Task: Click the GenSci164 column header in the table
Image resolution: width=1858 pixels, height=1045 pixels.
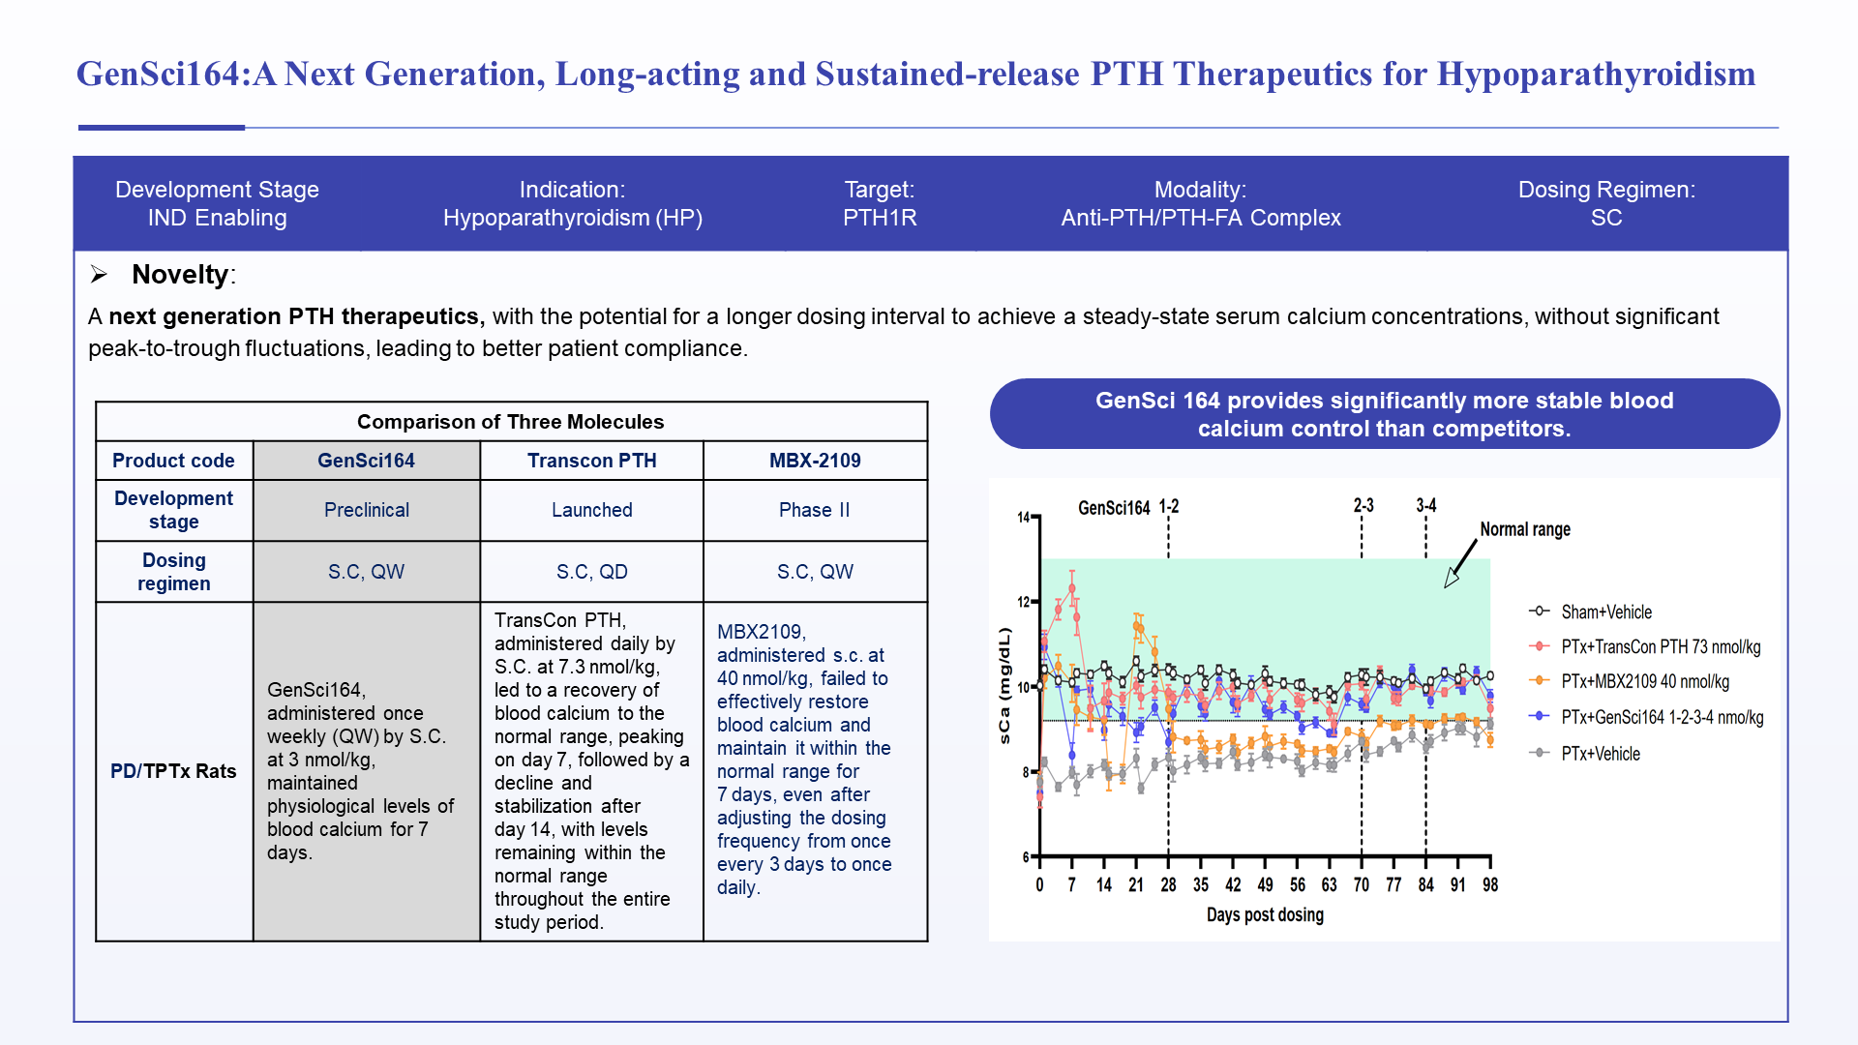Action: (x=366, y=461)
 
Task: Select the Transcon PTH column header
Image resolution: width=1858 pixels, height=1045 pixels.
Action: (x=591, y=461)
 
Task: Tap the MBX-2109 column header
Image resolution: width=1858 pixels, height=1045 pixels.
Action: (x=815, y=461)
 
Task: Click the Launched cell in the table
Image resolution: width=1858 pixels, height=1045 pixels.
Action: (x=591, y=510)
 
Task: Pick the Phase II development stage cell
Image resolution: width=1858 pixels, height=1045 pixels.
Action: (x=815, y=510)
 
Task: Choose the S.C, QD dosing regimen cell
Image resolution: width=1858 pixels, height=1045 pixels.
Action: (x=591, y=572)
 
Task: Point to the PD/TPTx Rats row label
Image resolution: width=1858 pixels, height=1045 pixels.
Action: (x=173, y=771)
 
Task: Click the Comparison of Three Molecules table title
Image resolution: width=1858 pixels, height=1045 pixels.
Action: (x=510, y=422)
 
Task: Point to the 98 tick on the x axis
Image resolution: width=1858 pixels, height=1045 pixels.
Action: (x=1490, y=884)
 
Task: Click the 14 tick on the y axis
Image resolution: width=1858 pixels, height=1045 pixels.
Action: (x=1024, y=517)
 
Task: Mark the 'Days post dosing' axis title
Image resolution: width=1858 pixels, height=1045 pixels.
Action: (x=1265, y=914)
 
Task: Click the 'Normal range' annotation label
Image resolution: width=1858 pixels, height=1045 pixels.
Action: (x=1525, y=529)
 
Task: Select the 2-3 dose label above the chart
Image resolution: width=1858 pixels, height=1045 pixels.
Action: (x=1364, y=505)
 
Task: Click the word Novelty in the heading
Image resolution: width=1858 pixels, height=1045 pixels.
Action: (x=180, y=275)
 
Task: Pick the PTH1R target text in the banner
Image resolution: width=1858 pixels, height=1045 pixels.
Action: (x=880, y=218)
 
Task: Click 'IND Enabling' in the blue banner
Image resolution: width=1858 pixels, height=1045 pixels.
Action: (x=217, y=218)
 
